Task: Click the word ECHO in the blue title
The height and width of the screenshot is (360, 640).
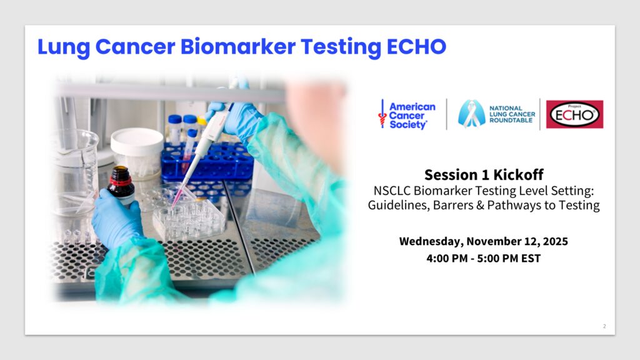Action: click(416, 46)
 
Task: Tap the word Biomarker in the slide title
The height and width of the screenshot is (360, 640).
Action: click(238, 46)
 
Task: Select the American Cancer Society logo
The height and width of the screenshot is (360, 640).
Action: click(407, 115)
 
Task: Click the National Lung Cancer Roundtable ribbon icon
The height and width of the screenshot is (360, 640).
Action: click(471, 114)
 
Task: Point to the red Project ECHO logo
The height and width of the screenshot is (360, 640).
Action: click(575, 114)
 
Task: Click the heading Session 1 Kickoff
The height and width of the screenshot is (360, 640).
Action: click(484, 175)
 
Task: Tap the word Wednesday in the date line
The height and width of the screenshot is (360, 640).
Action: click(431, 242)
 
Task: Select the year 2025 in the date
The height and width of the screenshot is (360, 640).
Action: click(556, 241)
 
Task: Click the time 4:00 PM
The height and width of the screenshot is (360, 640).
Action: click(447, 258)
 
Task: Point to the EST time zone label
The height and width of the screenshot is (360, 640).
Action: click(531, 258)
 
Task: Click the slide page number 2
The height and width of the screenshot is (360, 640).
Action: click(604, 326)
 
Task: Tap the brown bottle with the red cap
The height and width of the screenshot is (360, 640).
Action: click(121, 185)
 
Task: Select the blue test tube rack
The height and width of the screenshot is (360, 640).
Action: click(207, 163)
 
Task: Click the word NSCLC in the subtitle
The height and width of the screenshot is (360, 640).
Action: click(392, 191)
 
